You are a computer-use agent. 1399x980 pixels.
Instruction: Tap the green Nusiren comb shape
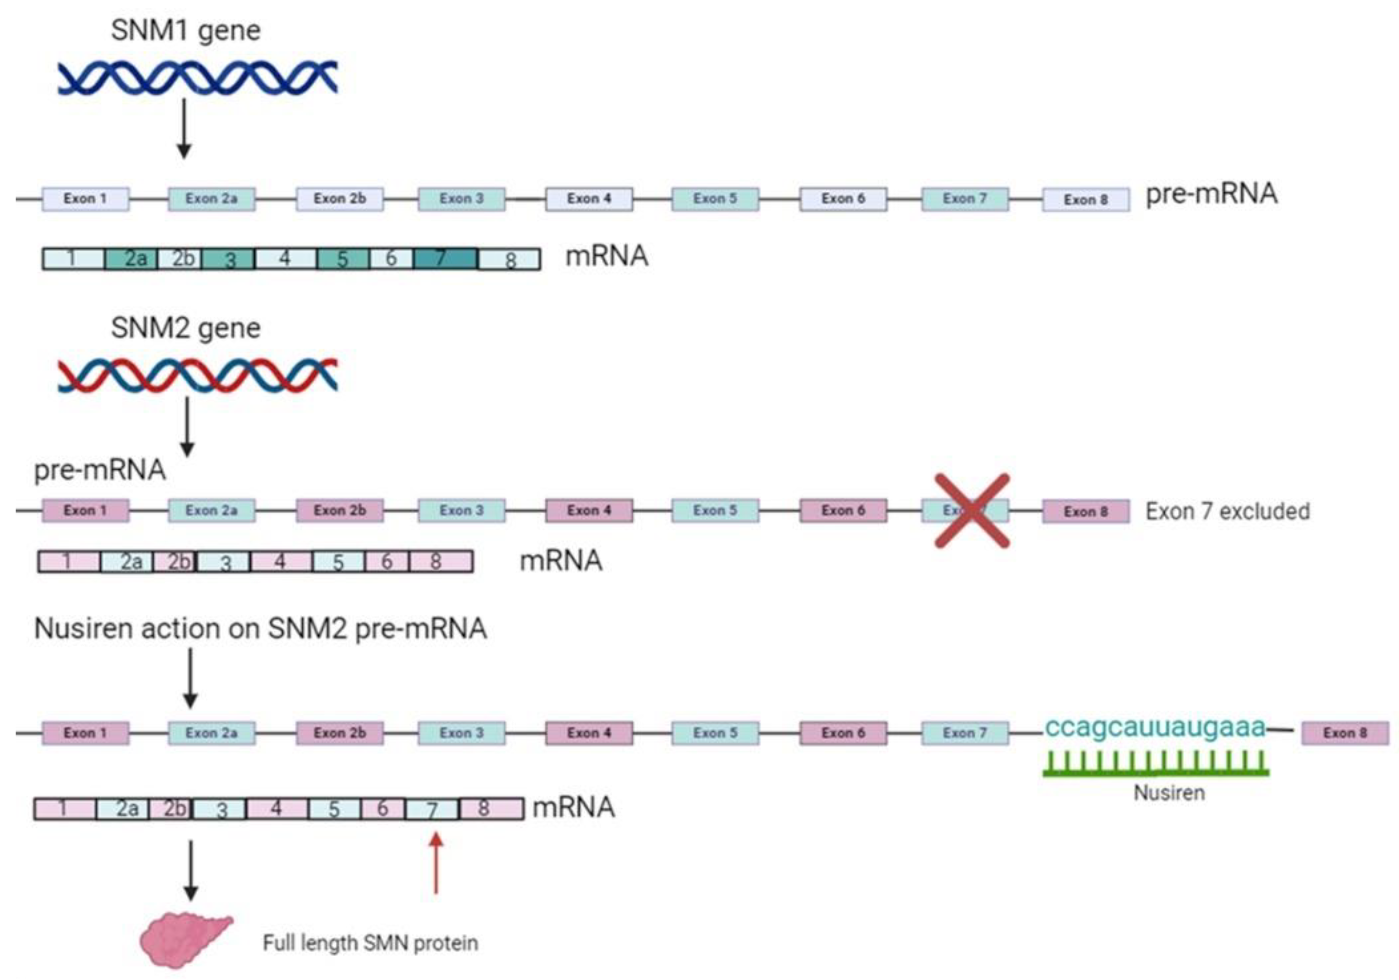1155,764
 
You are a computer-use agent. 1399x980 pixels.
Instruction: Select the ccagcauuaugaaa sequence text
1155,727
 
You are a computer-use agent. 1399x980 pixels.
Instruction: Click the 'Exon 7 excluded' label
1227,512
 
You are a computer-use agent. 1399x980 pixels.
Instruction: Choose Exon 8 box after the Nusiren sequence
1345,733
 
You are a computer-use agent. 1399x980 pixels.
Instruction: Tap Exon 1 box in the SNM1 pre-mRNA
85,199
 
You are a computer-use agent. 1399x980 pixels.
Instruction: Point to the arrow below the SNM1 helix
184,128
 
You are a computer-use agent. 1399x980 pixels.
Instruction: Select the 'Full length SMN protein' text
370,943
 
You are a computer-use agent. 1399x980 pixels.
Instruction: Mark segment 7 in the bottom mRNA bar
432,809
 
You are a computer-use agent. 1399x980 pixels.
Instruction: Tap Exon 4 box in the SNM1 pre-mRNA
589,199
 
